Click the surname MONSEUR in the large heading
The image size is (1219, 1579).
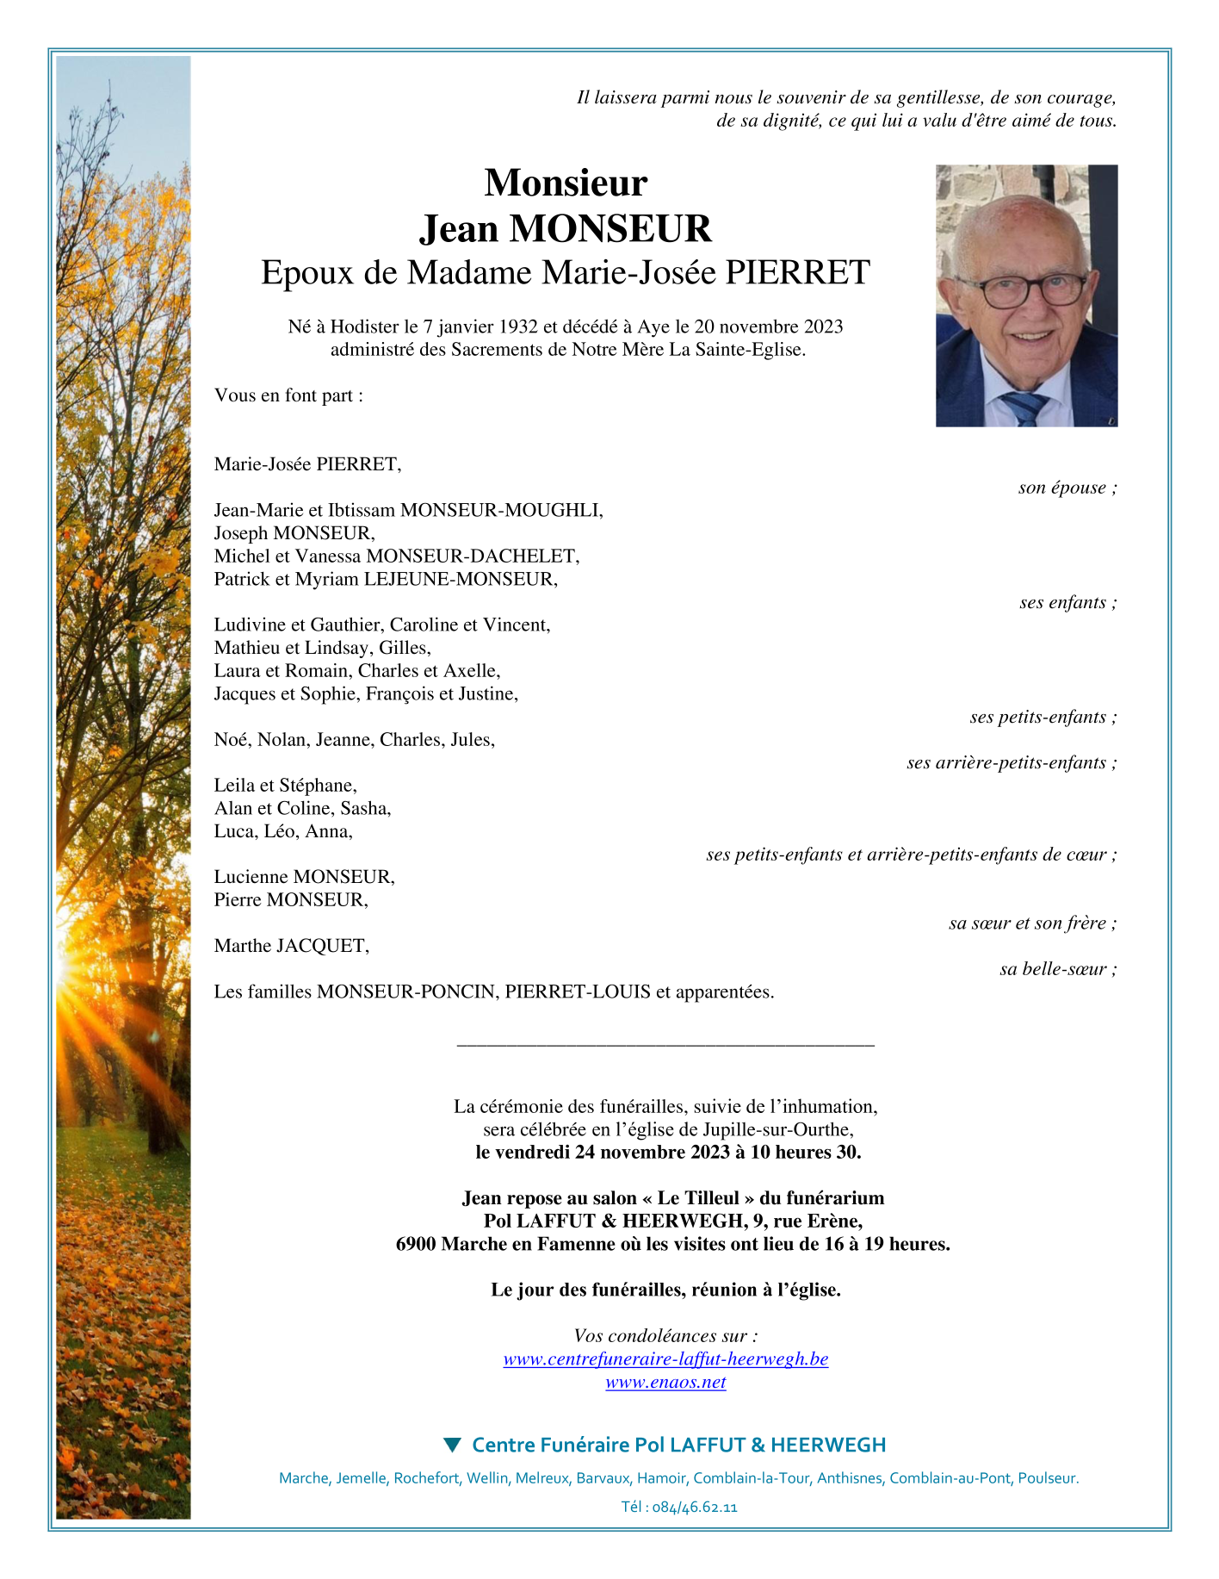tap(610, 229)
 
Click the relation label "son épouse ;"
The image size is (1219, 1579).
tap(1067, 488)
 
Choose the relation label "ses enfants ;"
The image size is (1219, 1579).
tap(1067, 602)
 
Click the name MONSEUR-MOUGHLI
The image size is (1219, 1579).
tap(502, 510)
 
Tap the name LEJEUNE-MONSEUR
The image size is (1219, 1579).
tap(461, 579)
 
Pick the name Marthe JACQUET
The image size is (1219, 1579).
tap(291, 946)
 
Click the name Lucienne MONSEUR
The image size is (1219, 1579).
tap(304, 877)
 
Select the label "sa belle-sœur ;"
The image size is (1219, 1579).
tap(1058, 969)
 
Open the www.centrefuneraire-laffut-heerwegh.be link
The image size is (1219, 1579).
tap(665, 1359)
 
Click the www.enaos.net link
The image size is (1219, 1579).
tap(665, 1383)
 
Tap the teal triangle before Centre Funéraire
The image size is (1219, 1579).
tap(452, 1445)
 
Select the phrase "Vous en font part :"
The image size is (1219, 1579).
tap(288, 395)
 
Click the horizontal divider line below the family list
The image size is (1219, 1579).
tap(665, 1045)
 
